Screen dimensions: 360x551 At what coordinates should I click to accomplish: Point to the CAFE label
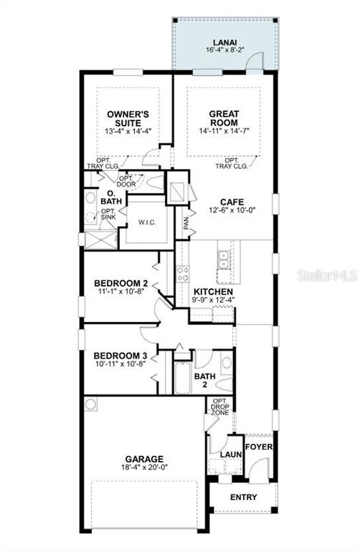232,202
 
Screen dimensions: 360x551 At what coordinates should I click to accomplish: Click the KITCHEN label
213,292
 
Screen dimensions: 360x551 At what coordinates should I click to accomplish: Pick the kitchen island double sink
223,259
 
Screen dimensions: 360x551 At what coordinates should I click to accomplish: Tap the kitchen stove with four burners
182,274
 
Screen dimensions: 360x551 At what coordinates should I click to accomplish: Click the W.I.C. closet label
147,222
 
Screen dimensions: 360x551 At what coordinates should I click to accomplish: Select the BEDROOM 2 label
120,283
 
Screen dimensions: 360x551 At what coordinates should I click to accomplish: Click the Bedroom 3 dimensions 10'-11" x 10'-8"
120,364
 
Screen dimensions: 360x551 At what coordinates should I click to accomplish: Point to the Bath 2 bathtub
183,377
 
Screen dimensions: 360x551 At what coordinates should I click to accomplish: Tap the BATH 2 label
205,380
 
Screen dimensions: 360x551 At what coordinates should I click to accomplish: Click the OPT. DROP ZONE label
220,407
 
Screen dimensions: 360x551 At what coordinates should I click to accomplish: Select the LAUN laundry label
231,454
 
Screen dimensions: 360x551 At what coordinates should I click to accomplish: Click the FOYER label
259,447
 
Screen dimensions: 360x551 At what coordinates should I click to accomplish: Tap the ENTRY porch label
243,497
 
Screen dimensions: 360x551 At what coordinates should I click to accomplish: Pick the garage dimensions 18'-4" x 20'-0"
144,467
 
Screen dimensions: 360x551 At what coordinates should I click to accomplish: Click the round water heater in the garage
91,404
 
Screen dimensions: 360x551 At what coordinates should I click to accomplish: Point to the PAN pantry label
186,223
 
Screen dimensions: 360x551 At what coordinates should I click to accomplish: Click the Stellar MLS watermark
327,275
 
